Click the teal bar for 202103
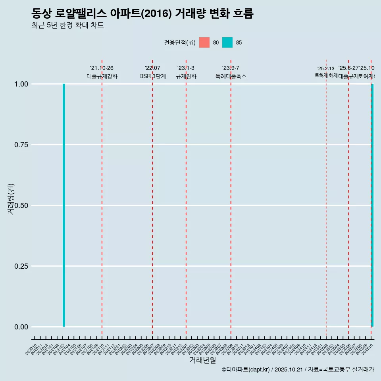click(64, 205)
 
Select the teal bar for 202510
click(372, 205)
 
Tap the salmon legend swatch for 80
click(204, 42)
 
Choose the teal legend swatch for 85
click(227, 42)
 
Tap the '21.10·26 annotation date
click(102, 68)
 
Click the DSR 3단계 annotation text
click(152, 76)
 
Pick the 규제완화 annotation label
click(186, 76)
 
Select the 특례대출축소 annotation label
click(231, 76)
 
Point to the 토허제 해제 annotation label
click(326, 75)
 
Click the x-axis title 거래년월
click(203, 360)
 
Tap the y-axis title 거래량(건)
click(11, 199)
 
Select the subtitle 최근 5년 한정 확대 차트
click(67, 25)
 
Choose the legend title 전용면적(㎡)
click(179, 42)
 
